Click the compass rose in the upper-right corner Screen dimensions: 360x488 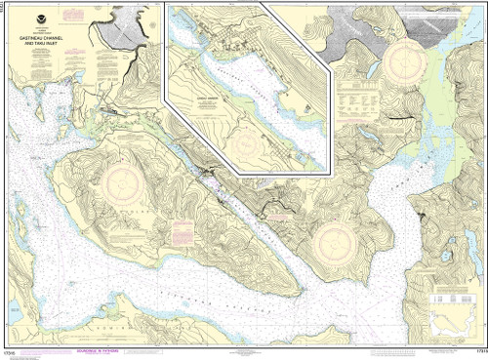tap(401, 60)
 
